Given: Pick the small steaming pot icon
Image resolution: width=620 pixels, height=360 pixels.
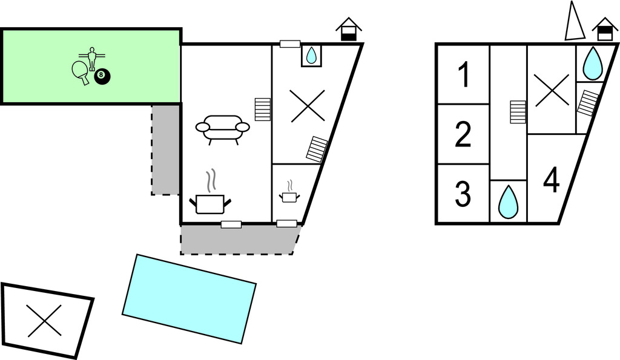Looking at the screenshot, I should coord(290,194).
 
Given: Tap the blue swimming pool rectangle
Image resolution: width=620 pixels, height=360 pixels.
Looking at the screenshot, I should coord(189,298).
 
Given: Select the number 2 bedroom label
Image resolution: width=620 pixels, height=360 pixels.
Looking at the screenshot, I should coord(463,135).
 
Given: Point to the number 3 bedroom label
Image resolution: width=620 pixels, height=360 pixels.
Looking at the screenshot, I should coord(463,194).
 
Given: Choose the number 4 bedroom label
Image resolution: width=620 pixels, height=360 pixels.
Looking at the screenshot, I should coord(551,180).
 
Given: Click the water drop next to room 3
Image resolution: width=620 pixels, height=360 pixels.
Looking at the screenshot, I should coord(508,201).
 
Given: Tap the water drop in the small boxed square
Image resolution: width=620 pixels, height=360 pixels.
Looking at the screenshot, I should coord(311,56).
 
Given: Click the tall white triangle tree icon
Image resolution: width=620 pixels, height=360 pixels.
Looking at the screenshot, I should coord(573,22).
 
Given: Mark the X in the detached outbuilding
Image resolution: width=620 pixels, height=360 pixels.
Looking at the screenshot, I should coord(45,321).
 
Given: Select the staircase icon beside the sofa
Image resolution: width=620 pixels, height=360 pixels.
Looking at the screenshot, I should coord(262,110).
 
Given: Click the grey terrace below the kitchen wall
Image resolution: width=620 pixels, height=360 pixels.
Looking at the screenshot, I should coord(239,240).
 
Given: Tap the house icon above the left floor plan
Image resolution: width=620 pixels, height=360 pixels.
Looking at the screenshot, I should coord(349,29).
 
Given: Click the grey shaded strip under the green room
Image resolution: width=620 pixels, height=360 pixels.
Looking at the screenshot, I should coord(165,149).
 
